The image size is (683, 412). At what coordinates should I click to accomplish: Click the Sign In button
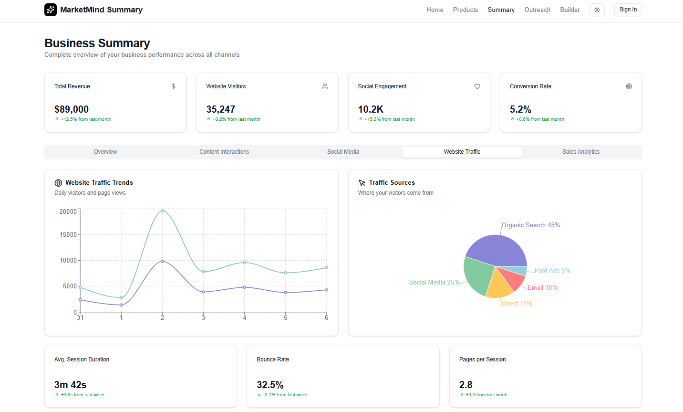628,10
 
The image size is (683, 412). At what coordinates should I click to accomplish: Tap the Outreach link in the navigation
537,10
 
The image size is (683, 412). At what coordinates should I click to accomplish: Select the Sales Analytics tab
580,152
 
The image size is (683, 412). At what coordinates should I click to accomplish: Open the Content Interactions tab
224,152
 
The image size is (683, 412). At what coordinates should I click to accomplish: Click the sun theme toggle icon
597,10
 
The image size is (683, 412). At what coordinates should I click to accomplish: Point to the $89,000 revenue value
72,109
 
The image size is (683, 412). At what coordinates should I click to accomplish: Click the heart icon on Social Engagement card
477,86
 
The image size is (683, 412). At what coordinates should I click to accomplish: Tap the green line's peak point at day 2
162,211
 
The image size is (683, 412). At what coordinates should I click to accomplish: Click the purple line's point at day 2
162,261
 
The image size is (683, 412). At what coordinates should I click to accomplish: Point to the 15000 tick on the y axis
68,234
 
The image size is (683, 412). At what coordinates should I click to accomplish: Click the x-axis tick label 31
80,318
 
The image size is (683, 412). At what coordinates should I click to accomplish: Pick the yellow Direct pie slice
499,286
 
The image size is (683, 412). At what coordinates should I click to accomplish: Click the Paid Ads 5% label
552,270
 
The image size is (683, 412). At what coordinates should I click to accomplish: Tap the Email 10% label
542,287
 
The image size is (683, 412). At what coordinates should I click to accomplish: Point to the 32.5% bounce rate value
270,385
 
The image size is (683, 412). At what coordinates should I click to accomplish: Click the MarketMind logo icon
51,10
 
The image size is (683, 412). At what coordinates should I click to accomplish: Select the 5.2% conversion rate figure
520,109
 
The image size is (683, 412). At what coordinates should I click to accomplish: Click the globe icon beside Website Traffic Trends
58,183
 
